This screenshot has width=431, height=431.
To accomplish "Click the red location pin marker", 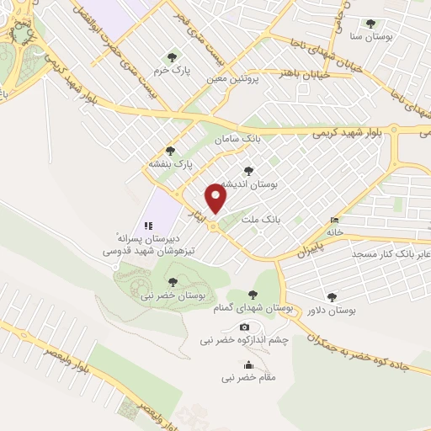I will [x=216, y=199].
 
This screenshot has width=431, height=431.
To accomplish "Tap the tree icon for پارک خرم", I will [x=173, y=57].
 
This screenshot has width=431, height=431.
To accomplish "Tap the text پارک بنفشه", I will [x=172, y=163].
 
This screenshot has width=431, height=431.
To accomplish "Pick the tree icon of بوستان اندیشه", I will [x=247, y=169].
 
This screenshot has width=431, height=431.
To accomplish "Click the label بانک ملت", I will [x=259, y=218].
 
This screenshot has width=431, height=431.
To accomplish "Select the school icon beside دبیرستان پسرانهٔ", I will [x=148, y=226].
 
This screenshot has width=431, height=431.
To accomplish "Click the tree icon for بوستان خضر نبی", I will [x=173, y=281].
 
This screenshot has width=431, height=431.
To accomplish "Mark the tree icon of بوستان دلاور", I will [x=331, y=297].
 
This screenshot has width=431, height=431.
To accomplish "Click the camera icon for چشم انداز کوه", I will [x=244, y=327].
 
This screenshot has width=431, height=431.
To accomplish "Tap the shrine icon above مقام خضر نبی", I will [x=248, y=364].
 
